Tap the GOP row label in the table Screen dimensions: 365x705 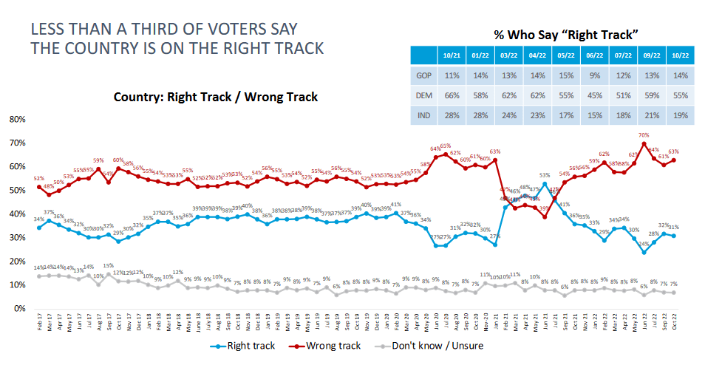coord(423,75)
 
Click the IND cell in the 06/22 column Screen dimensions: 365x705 coord(589,116)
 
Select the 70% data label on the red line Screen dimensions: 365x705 coord(644,135)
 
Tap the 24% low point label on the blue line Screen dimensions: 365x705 coord(644,244)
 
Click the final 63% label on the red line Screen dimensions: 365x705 coord(673,151)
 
